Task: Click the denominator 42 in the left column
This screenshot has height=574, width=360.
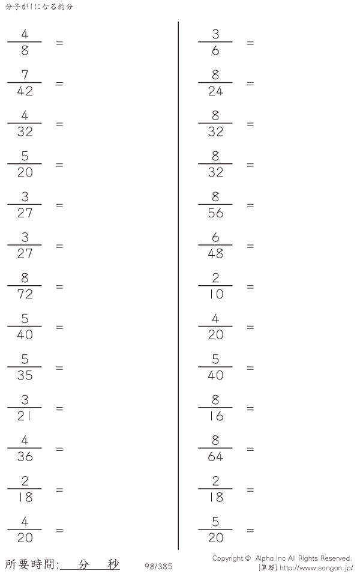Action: coord(25,91)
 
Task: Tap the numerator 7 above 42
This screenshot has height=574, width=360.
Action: coord(25,74)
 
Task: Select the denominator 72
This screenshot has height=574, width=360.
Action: coord(25,294)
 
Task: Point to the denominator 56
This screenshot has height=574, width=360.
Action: coord(215,213)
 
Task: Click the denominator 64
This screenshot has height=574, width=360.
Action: coord(215,456)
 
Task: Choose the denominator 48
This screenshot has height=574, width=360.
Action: coord(215,253)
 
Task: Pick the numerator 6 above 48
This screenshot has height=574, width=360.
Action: coord(215,237)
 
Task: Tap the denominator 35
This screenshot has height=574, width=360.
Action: coord(25,375)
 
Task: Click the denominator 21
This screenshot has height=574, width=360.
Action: coord(24,416)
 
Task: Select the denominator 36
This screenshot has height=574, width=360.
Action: coord(25,456)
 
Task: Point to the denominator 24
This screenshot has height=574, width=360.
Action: coord(215,91)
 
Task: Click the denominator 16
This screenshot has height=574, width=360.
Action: coord(216,416)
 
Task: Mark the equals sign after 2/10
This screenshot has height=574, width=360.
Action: coord(250,286)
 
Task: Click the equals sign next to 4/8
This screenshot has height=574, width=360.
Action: coord(59,43)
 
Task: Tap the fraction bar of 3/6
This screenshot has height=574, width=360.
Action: coord(215,42)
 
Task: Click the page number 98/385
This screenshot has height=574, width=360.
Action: coord(158,566)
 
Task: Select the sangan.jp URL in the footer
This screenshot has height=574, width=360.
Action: coord(316,568)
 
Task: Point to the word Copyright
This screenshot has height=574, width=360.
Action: coord(227,558)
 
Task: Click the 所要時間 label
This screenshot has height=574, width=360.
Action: coord(31,564)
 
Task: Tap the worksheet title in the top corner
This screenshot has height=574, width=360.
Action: coord(39,7)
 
